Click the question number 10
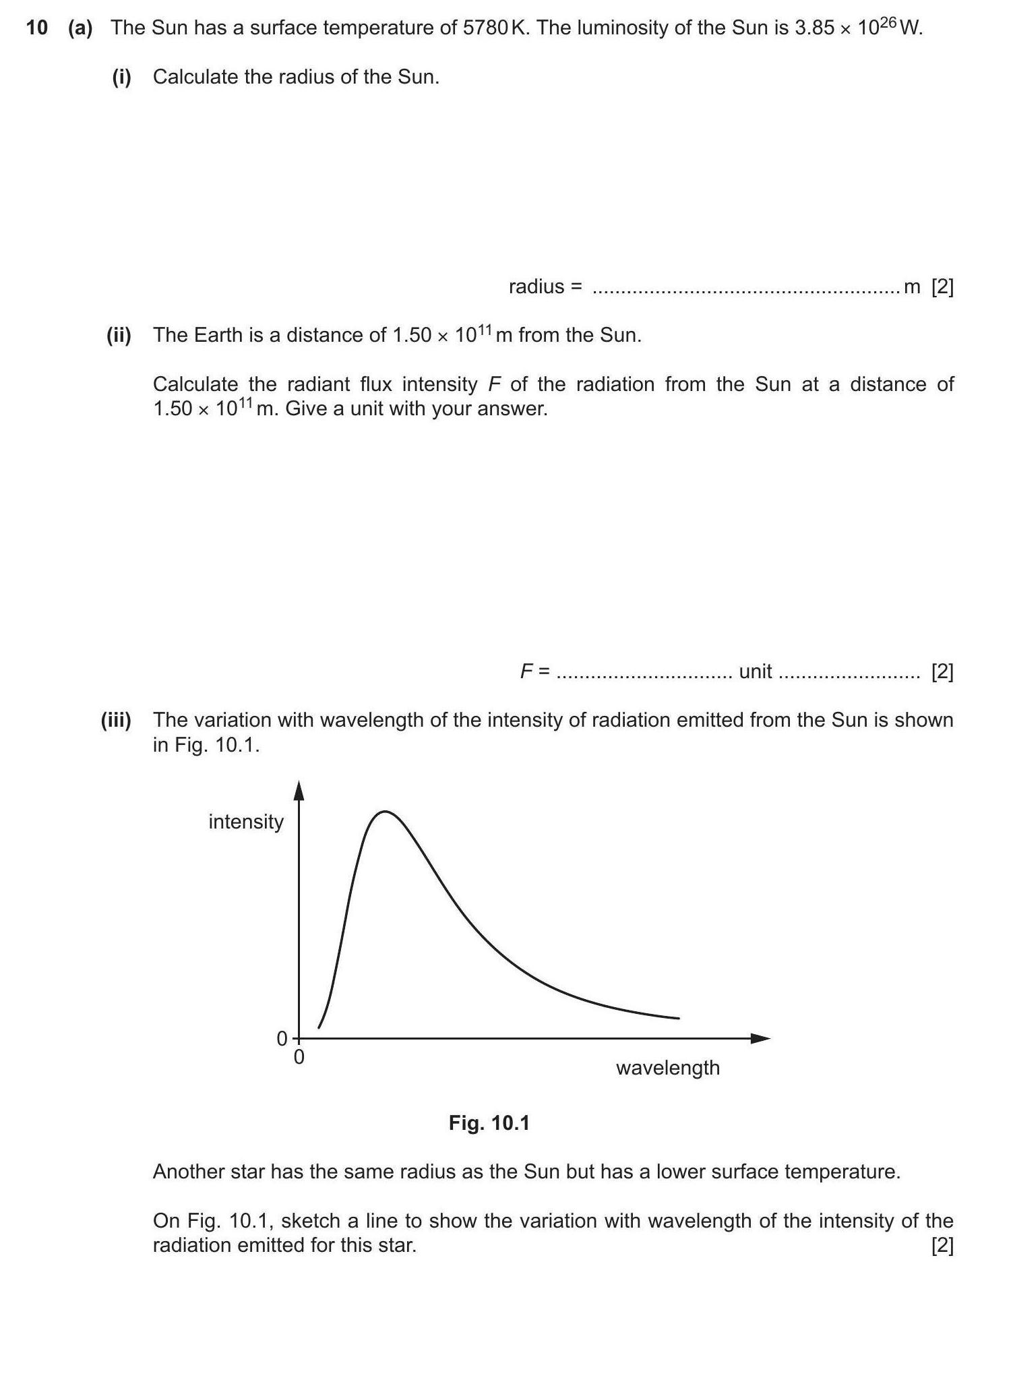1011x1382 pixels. [36, 28]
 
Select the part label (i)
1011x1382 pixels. [121, 77]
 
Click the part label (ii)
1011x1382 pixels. [119, 335]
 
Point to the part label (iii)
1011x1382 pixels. [116, 720]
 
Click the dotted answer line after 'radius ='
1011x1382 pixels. [745, 289]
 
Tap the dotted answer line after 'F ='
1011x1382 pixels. [644, 673]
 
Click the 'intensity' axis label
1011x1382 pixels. [246, 822]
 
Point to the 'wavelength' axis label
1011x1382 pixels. [667, 1068]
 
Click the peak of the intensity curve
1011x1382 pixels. [385, 812]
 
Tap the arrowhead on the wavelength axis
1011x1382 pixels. [762, 1038]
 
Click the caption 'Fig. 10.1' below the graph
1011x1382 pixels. [489, 1123]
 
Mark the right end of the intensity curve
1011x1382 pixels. [678, 1018]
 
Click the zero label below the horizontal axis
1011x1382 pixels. [299, 1057]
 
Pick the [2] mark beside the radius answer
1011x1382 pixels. [942, 287]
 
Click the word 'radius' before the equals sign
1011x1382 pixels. [537, 287]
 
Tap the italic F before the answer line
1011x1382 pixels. [526, 671]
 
